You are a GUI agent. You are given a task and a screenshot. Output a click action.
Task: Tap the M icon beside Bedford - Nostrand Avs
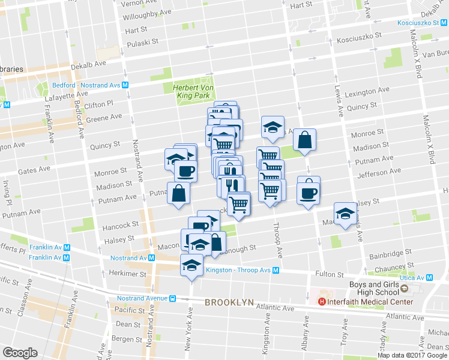125,85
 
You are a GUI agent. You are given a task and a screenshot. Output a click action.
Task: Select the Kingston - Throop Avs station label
238,270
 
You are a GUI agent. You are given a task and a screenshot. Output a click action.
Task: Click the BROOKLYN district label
229,303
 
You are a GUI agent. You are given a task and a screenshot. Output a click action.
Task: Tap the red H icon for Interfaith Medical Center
322,301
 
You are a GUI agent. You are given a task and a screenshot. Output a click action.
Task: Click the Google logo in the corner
20,353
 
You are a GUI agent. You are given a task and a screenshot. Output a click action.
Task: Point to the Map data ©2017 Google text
411,355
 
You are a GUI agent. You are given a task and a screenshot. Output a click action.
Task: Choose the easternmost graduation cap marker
345,214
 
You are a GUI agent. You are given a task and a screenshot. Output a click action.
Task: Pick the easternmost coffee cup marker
309,193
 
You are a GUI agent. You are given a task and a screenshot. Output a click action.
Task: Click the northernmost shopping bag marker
304,140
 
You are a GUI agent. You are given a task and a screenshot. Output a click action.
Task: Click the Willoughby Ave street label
147,15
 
